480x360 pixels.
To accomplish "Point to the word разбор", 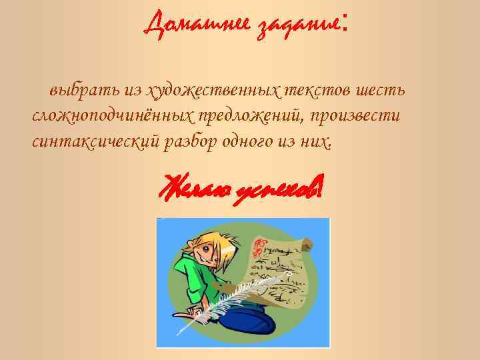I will [189, 142].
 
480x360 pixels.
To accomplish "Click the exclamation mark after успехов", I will [320, 187].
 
